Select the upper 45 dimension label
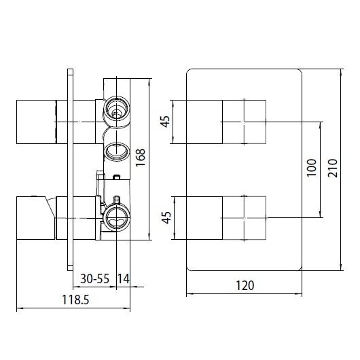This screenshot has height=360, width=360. click(165, 123)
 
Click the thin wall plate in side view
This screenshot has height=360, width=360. click(70, 170)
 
